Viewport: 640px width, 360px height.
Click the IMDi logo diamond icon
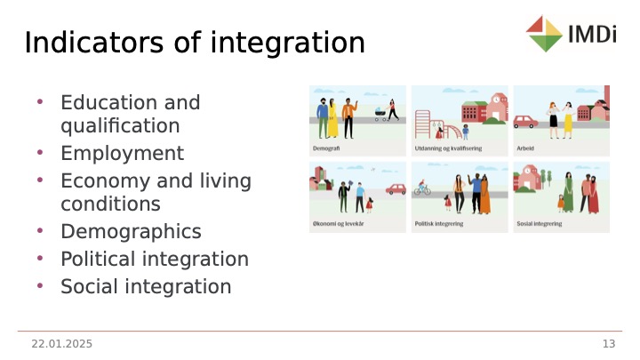click(x=545, y=34)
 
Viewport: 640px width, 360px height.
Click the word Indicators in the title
click(x=94, y=43)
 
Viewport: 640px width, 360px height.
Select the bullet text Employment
click(x=122, y=154)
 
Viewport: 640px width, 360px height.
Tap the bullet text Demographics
click(x=131, y=231)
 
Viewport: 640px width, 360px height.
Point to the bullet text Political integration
click(x=155, y=259)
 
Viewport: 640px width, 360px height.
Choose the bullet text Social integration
click(x=146, y=286)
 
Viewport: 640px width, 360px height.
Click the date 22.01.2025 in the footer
click(x=61, y=344)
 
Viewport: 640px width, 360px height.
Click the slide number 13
click(x=609, y=344)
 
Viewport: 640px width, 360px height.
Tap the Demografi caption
click(x=326, y=148)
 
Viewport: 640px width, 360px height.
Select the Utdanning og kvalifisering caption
click(x=448, y=148)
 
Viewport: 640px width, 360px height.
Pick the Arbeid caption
click(x=525, y=148)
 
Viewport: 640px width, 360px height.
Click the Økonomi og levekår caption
click(x=338, y=224)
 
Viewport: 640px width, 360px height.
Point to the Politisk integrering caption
click(x=439, y=224)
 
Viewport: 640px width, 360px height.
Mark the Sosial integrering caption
click(x=540, y=224)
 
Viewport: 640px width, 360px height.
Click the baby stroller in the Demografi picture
click(x=380, y=115)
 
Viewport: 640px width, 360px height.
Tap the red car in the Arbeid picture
click(x=525, y=122)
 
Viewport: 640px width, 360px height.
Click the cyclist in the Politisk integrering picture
click(x=422, y=188)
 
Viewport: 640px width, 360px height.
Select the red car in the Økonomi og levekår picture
click(x=396, y=189)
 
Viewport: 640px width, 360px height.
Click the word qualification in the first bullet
click(x=120, y=125)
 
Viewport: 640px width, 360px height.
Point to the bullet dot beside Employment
click(x=40, y=153)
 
